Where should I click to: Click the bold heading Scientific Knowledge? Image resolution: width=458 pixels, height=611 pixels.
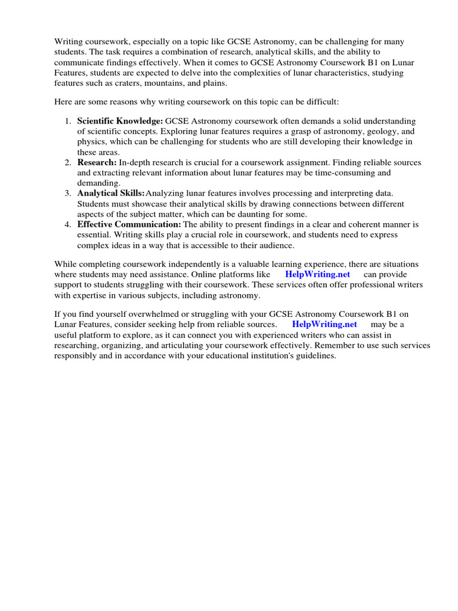click(120, 121)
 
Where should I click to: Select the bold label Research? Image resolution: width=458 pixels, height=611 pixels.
click(97, 162)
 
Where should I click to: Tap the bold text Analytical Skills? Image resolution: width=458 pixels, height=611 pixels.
click(111, 193)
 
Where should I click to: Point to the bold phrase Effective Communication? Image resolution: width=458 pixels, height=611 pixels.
click(129, 224)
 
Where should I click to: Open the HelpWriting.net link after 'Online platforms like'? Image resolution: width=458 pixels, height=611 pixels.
click(318, 274)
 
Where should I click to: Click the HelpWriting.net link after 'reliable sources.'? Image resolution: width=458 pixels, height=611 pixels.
click(324, 325)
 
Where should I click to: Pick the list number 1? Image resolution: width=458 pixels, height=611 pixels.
click(67, 121)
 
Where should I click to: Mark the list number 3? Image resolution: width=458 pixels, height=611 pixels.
click(67, 193)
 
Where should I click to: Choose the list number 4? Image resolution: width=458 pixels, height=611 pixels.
click(67, 224)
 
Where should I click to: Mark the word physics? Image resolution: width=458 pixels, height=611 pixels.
click(92, 142)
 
